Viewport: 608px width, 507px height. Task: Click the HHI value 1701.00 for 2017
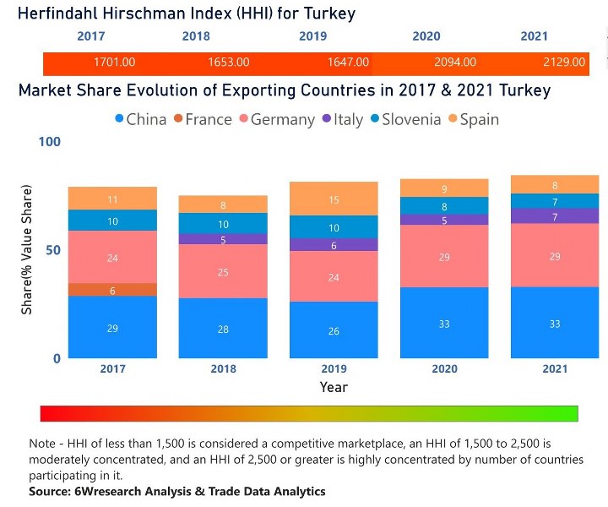point(114,63)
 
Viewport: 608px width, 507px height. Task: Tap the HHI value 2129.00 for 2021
point(564,63)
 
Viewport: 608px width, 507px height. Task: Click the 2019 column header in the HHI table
point(312,36)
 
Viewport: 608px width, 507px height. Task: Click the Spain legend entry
point(474,119)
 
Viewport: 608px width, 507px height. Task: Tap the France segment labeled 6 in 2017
point(112,290)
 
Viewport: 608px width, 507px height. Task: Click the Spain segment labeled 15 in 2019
point(334,199)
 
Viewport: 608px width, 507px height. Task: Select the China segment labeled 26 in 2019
point(334,330)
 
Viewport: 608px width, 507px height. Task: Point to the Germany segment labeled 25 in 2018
point(223,271)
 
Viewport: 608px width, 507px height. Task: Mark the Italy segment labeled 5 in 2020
point(444,220)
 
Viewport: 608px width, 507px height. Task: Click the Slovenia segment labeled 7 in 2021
point(555,201)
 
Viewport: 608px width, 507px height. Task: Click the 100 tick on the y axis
point(50,141)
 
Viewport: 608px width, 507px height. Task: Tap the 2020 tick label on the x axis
point(444,369)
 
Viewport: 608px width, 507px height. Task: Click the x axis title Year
point(334,387)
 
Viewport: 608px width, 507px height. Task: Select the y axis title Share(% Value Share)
point(27,250)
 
